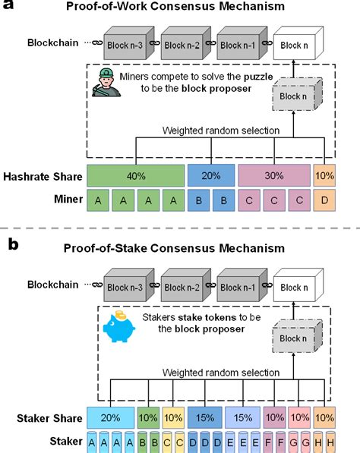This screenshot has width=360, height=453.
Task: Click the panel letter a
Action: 9,10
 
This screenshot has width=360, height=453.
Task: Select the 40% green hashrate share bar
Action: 136,175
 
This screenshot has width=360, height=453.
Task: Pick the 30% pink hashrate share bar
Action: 273,175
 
